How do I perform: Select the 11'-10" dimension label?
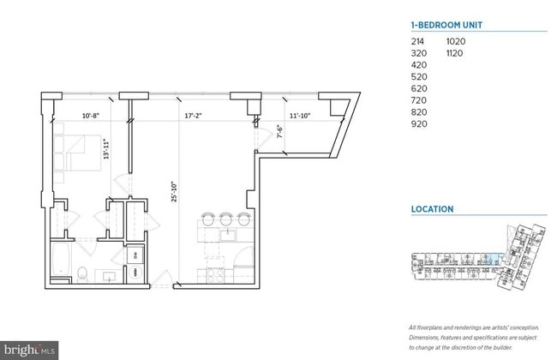pos(299,113)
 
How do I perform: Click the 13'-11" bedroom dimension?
pos(105,151)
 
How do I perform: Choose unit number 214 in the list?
pos(419,41)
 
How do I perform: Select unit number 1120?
pos(456,53)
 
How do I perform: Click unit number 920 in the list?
pos(419,123)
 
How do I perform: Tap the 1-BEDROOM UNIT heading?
pos(448,25)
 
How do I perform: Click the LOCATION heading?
pos(432,209)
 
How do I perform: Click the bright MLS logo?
pos(31,350)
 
